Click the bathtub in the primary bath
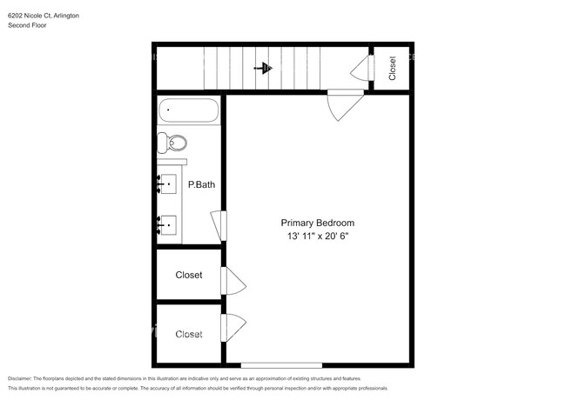point(189,111)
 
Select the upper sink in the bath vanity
point(166,183)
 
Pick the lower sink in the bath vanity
point(166,225)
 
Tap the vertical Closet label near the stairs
point(393,67)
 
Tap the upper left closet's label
point(189,275)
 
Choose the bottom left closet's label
point(189,334)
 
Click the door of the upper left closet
point(233,281)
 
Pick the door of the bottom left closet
point(233,329)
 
